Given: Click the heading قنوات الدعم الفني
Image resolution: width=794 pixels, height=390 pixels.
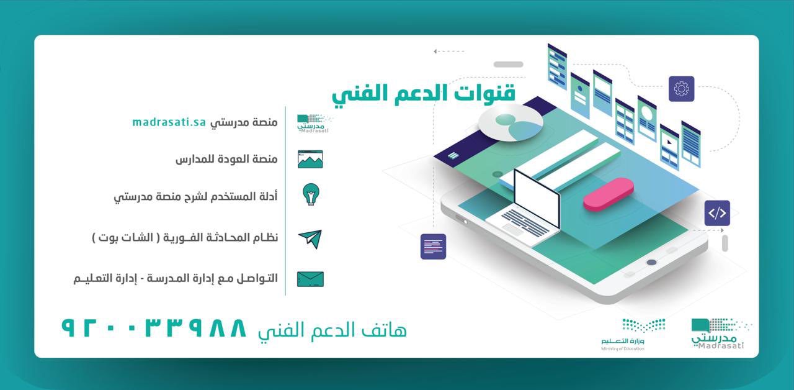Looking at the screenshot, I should click(x=423, y=93).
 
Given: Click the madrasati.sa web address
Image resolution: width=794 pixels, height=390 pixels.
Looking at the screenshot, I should click(x=169, y=122).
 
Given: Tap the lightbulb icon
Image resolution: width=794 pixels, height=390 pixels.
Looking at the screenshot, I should click(x=310, y=195).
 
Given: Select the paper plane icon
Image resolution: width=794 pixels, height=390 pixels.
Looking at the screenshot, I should click(x=310, y=238).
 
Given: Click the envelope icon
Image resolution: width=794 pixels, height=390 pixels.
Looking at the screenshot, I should click(x=310, y=279).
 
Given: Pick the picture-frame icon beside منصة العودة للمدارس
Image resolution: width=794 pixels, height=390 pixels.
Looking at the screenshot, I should click(x=310, y=159).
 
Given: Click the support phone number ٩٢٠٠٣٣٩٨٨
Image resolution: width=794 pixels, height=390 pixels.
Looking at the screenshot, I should click(x=154, y=328).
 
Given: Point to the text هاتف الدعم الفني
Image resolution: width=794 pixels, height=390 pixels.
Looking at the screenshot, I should click(x=332, y=330).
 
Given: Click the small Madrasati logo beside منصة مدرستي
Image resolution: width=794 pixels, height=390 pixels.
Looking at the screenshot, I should click(x=313, y=123).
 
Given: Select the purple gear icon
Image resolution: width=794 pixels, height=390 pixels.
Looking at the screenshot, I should click(x=681, y=89).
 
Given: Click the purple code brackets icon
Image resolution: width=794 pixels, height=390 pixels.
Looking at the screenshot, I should click(x=717, y=213).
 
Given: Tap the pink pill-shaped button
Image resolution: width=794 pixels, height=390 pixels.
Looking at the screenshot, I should click(x=609, y=194).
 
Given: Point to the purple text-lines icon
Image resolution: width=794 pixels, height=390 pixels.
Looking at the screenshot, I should click(x=433, y=247).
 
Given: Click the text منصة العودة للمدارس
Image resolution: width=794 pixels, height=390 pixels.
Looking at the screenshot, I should click(x=226, y=159).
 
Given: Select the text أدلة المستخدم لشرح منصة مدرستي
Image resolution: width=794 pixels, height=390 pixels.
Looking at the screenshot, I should click(x=195, y=197).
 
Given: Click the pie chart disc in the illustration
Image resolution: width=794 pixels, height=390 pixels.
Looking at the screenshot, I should click(x=511, y=122).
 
